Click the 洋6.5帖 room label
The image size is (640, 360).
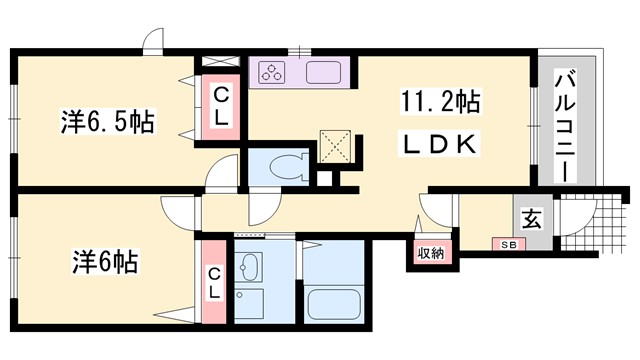(104, 124)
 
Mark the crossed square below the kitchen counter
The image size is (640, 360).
(332, 147)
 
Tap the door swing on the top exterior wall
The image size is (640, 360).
(153, 42)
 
